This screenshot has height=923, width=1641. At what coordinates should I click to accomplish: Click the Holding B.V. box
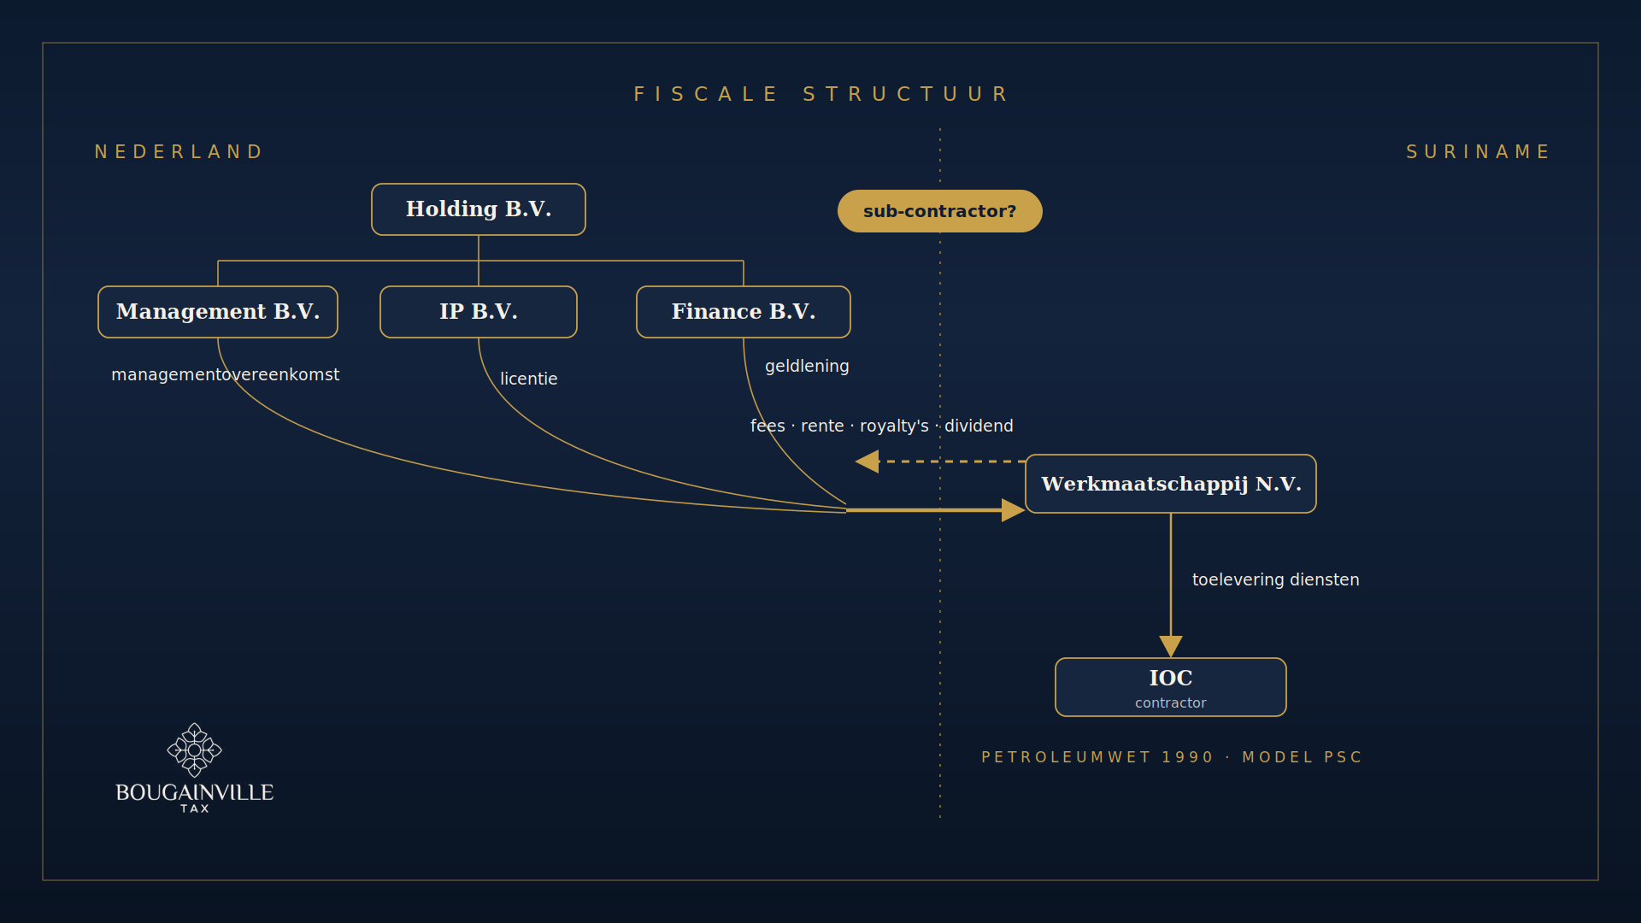point(479,209)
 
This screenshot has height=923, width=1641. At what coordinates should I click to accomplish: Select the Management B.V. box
point(218,312)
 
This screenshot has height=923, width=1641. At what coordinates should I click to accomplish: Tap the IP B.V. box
point(479,312)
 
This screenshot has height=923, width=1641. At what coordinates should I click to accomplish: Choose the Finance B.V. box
point(744,312)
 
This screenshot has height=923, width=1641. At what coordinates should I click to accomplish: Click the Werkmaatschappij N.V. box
point(1171,484)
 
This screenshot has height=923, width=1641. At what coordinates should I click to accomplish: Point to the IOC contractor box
point(1171,687)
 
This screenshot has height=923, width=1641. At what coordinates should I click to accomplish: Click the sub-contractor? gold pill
point(940,211)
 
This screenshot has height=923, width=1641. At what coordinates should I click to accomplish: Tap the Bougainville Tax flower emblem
point(195,750)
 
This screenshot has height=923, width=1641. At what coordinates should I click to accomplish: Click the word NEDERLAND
point(179,152)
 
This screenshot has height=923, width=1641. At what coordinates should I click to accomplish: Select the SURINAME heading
point(1478,152)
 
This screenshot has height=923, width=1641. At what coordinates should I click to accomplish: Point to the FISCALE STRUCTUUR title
point(821,94)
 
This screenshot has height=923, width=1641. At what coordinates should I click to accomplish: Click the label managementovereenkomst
point(226,374)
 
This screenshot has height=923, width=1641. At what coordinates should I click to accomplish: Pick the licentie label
point(529,379)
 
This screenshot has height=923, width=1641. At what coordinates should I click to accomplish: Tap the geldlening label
point(808,366)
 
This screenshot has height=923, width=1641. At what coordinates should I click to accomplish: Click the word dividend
point(979,426)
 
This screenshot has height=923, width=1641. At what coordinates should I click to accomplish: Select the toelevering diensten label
point(1276,579)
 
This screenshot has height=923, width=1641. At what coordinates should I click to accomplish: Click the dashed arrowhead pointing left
point(867,461)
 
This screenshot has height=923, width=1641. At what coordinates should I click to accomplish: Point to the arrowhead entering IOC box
point(1171,646)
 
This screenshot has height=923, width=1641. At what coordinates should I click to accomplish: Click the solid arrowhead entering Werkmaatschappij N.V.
point(1014,510)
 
